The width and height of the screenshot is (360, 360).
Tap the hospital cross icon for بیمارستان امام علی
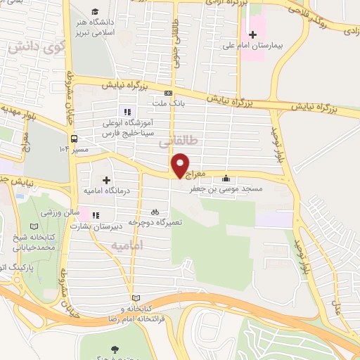pyautogui.click(x=253, y=34)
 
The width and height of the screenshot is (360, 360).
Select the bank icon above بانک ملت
pyautogui.click(x=168, y=93)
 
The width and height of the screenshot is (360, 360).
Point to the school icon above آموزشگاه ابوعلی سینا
pyautogui.click(x=127, y=111)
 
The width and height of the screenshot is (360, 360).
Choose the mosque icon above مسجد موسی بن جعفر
pyautogui.click(x=225, y=179)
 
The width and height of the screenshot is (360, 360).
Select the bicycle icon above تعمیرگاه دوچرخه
pyautogui.click(x=155, y=211)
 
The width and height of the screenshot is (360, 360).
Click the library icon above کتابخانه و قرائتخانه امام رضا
pyautogui.click(x=136, y=298)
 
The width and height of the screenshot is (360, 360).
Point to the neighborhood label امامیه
pyautogui.click(x=127, y=245)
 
